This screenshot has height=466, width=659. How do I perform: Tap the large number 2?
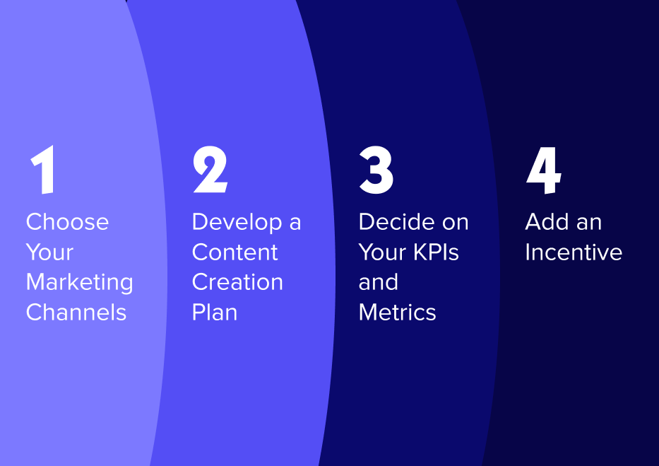(210, 172)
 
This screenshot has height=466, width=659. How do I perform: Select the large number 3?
(376, 172)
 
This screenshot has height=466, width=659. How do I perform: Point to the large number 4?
(543, 172)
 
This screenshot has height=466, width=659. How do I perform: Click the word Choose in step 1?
(67, 222)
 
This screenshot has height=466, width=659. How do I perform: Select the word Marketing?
(79, 282)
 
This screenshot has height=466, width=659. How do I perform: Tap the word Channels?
(76, 313)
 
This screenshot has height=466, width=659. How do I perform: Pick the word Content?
(234, 252)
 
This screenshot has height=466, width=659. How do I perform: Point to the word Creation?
(237, 282)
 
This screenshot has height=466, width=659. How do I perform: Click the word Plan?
(214, 313)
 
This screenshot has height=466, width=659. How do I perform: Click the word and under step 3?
(378, 282)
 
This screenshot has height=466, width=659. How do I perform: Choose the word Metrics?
(397, 313)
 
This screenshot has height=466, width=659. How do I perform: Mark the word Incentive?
(573, 252)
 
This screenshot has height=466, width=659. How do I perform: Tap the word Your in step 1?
(49, 252)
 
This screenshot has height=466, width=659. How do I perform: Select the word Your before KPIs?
(381, 252)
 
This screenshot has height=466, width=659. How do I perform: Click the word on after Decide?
(453, 222)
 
